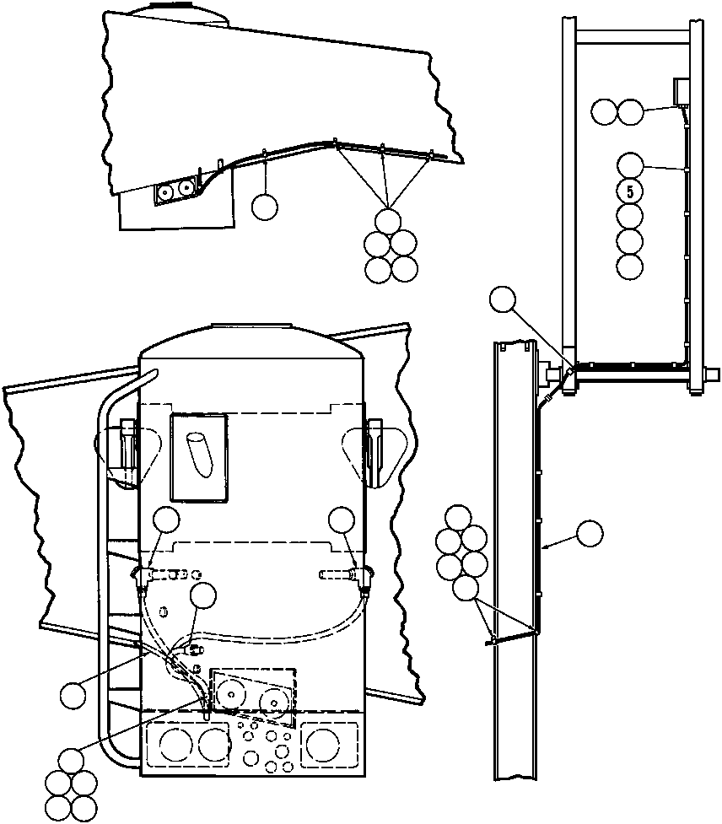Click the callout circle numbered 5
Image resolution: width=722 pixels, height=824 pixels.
[x=630, y=191]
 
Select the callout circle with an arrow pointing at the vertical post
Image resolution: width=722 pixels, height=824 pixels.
[x=590, y=534]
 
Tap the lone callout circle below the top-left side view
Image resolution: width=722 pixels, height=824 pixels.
[x=264, y=207]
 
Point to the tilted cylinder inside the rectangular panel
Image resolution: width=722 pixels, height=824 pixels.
[x=200, y=455]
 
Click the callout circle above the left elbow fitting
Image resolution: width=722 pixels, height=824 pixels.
[x=166, y=520]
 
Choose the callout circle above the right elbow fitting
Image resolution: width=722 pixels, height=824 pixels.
[x=342, y=520]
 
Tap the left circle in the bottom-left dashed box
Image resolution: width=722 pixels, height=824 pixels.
[x=176, y=746]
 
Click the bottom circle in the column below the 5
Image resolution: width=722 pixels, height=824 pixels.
[x=630, y=266]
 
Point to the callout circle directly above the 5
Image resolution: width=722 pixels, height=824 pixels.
[x=630, y=166]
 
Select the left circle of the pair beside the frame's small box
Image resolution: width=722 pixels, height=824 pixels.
[x=604, y=112]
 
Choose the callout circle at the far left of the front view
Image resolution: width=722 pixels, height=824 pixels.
[x=73, y=695]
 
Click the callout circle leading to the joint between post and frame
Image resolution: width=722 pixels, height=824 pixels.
[x=503, y=299]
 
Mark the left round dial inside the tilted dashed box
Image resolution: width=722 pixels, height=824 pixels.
[x=230, y=693]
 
